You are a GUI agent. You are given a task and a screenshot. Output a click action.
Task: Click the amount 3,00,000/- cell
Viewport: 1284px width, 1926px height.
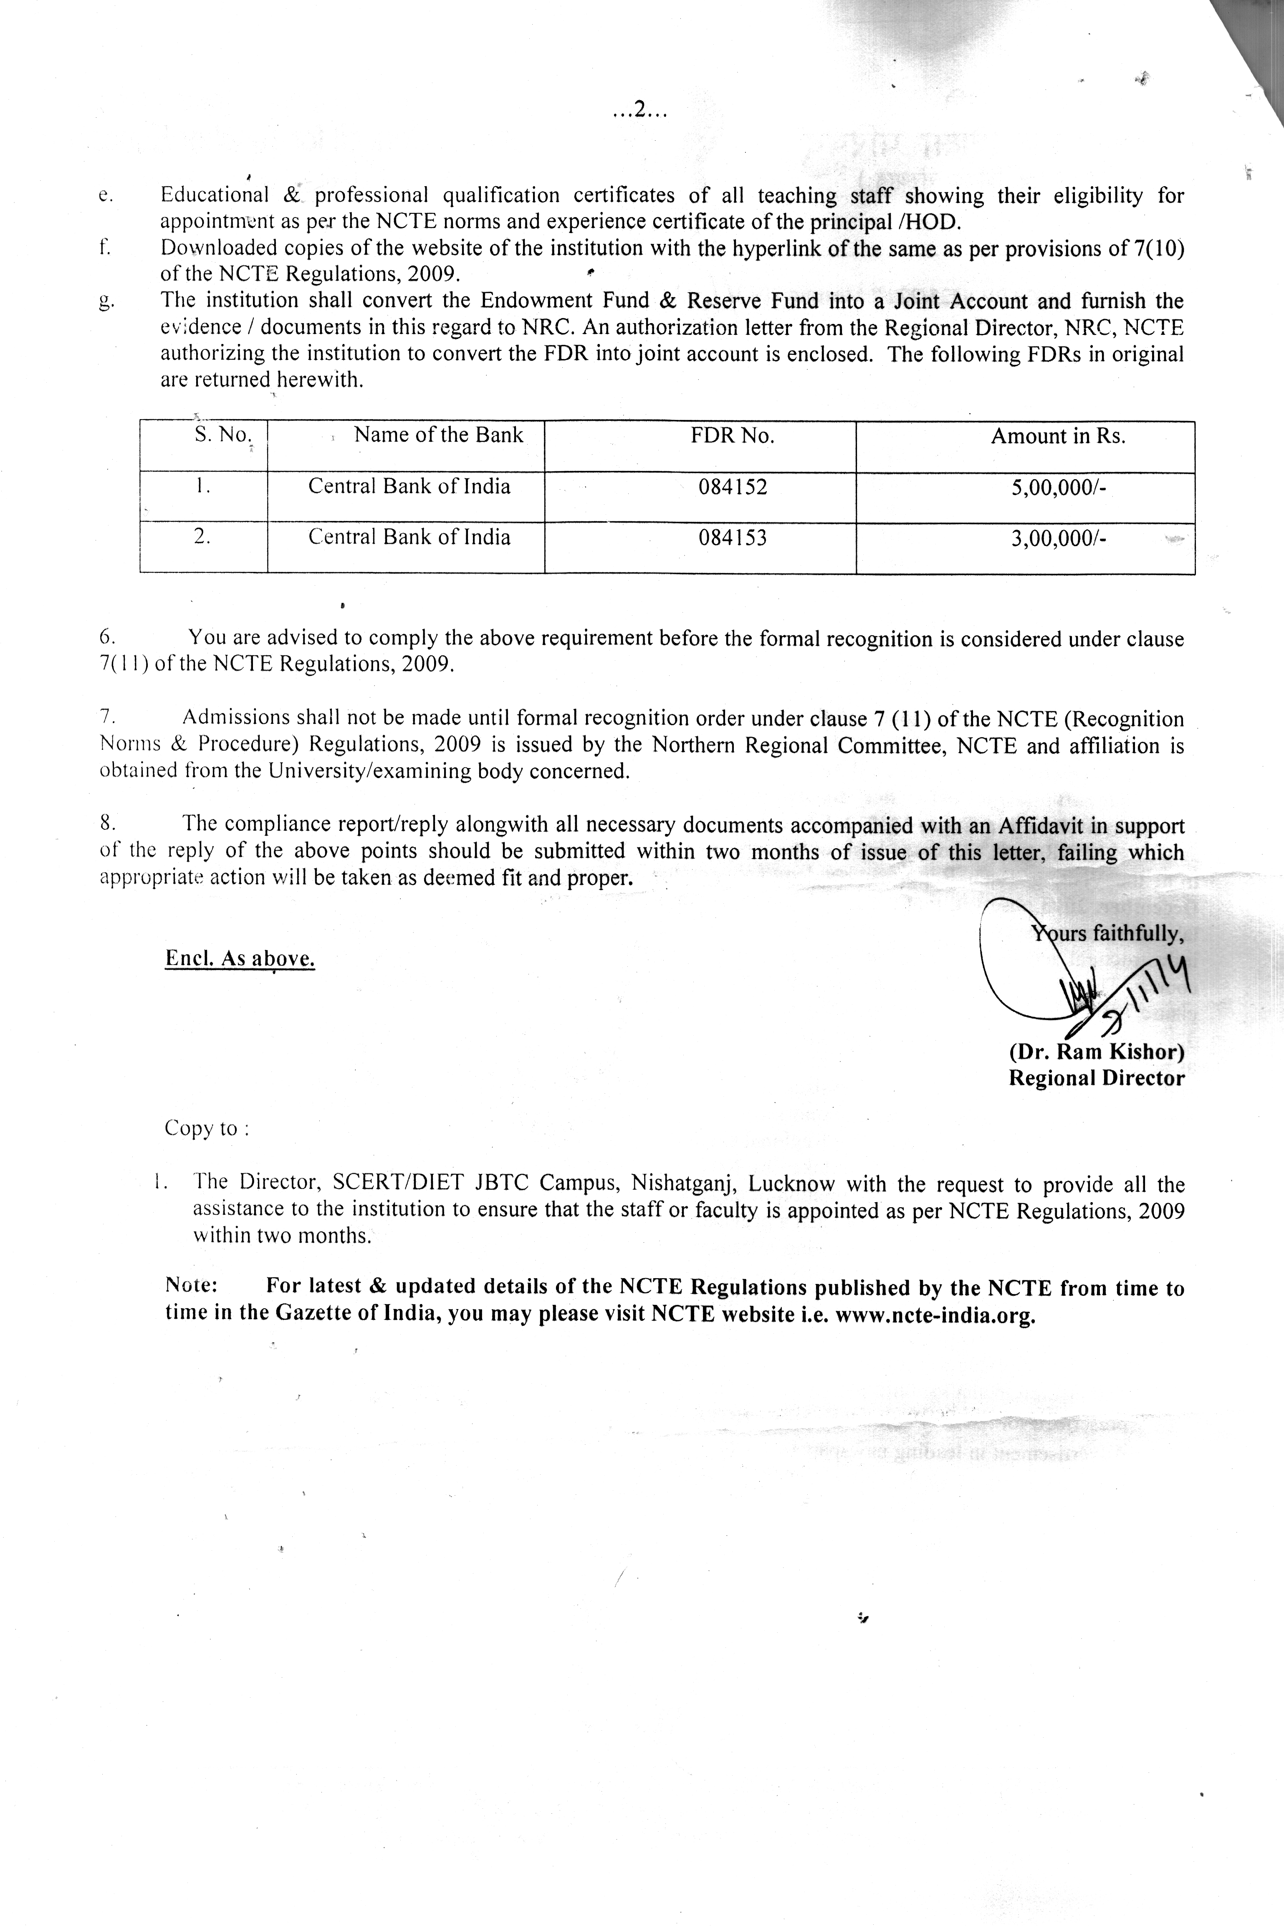[x=1059, y=539]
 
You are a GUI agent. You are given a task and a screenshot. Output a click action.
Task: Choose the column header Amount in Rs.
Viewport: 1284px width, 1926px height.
[x=1058, y=437]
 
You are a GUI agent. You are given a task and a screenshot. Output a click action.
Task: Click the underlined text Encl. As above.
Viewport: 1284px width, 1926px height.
[x=240, y=959]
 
